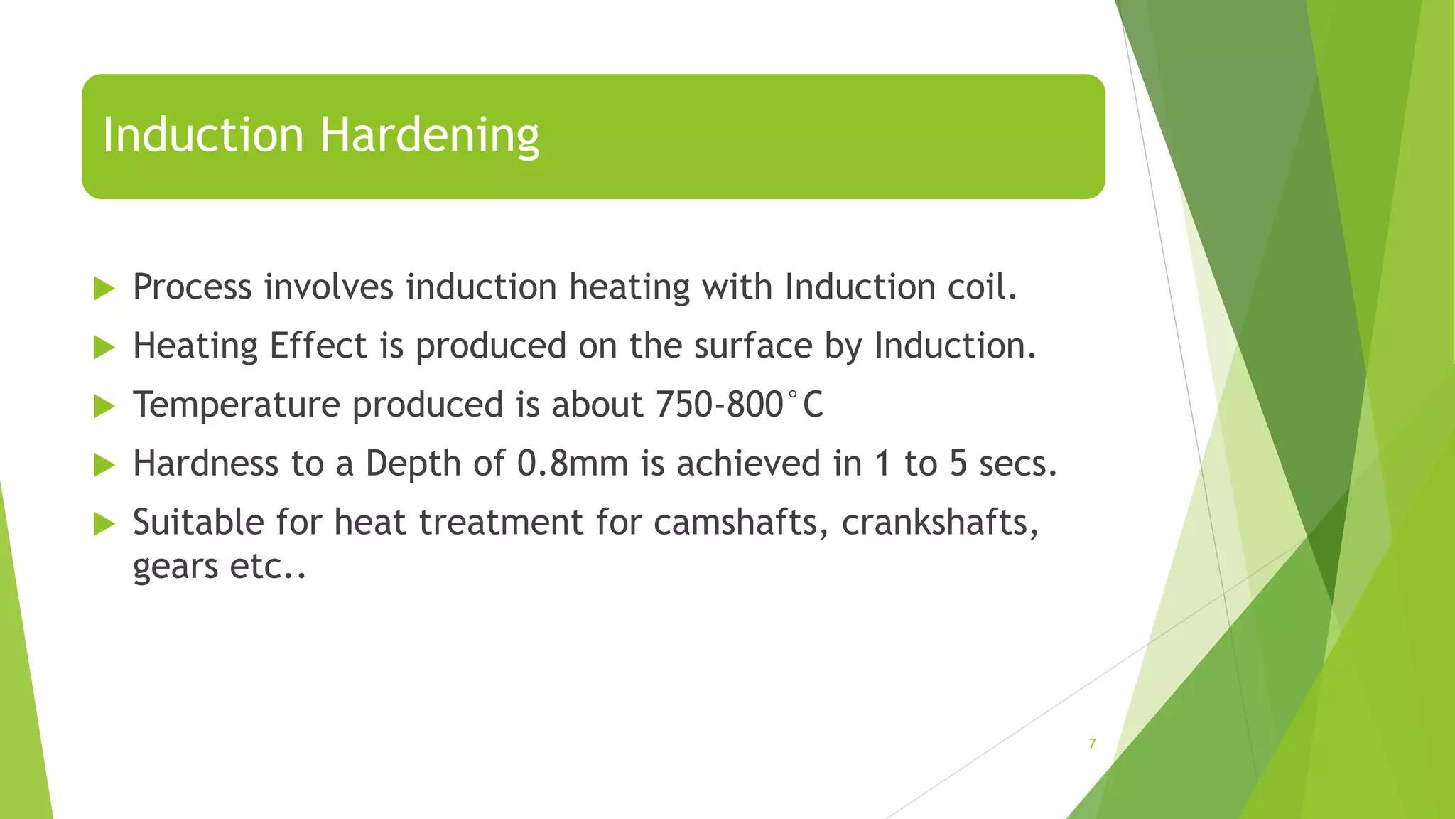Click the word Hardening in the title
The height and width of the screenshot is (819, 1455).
tap(429, 135)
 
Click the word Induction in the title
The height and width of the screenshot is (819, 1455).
tap(203, 135)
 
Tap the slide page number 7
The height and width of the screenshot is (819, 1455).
tap(1092, 744)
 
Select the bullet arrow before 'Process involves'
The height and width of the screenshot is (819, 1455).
tap(104, 289)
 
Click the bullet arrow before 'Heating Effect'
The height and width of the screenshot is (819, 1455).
tap(104, 348)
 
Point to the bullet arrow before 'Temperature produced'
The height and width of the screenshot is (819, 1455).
tap(104, 406)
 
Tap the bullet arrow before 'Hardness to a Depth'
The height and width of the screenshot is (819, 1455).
tap(104, 465)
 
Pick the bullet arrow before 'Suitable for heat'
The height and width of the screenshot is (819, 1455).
tap(104, 524)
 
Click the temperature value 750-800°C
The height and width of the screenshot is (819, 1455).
tap(739, 405)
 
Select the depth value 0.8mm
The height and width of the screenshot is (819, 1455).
tap(573, 464)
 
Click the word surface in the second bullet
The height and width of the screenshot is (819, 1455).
tap(752, 346)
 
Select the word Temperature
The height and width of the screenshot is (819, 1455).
tap(237, 405)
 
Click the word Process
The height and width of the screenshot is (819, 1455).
tap(193, 287)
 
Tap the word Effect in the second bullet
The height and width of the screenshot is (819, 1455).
tap(318, 346)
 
